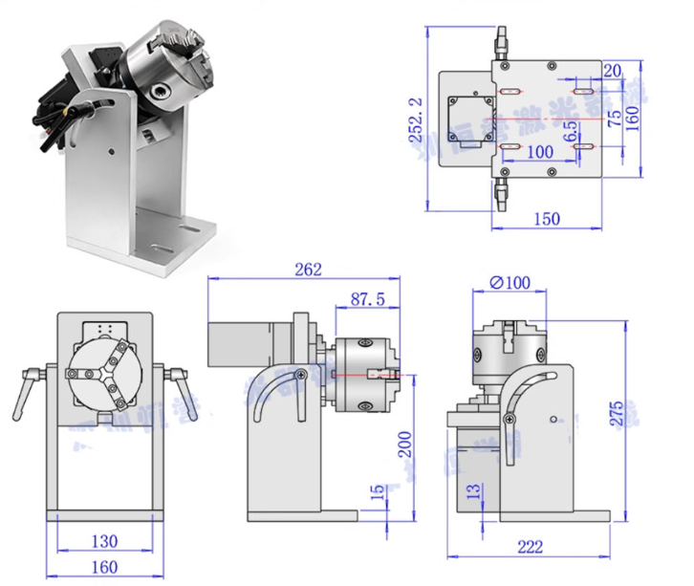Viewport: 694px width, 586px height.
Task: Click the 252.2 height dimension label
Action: coord(415,119)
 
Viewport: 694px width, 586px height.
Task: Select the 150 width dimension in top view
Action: coord(545,219)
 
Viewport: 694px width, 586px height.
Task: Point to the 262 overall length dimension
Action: coord(309,269)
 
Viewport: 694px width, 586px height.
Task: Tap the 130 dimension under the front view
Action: coord(105,541)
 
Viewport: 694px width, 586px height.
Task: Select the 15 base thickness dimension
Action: coord(379,492)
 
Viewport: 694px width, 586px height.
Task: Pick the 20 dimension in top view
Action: coord(613,70)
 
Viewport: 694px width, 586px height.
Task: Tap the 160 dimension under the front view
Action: coord(105,567)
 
